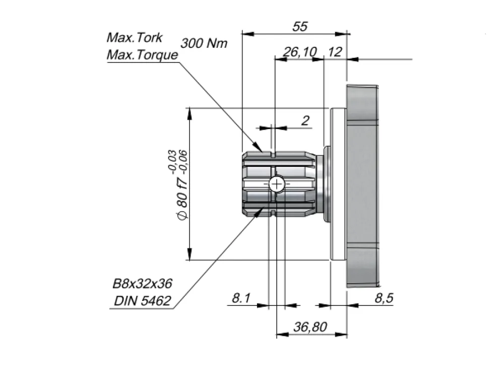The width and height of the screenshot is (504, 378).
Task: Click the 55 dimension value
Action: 300,26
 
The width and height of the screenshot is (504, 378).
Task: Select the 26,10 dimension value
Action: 300,51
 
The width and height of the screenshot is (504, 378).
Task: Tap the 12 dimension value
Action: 335,51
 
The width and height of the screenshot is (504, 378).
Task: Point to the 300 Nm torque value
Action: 204,43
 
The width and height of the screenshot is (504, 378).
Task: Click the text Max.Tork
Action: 135,38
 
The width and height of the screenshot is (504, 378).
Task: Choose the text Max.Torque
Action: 142,54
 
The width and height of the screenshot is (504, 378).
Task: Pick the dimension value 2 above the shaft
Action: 305,120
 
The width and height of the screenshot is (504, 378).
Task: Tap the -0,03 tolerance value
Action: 172,162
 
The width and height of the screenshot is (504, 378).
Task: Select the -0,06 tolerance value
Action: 183,162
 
